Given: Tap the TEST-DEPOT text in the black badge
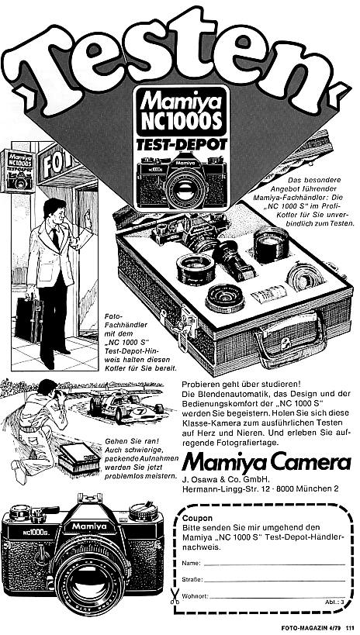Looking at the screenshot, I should [175, 145].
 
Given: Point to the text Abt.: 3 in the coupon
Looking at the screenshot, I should [331, 601].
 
